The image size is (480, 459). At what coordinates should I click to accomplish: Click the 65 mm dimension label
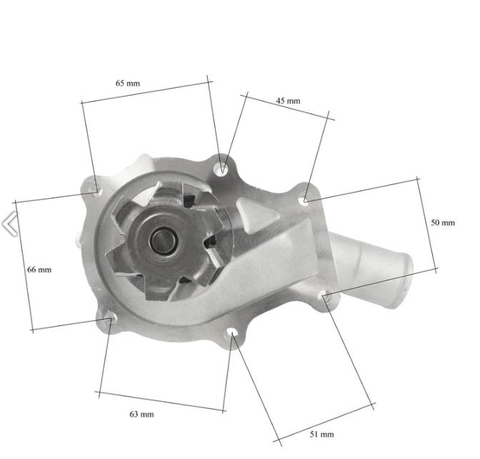point(128,83)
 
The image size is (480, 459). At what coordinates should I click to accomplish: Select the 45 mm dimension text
point(288,101)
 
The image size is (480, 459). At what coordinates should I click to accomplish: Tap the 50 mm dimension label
point(443,222)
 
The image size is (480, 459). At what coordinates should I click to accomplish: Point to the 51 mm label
point(321,434)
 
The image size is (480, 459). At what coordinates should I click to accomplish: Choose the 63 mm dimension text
point(141,414)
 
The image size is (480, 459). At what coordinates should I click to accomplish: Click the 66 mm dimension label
point(39,270)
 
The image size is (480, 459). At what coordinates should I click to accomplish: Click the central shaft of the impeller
point(163,240)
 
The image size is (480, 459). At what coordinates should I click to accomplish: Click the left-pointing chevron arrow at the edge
point(9,224)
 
